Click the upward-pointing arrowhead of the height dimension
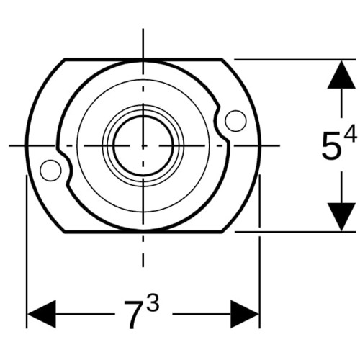[x=341, y=75]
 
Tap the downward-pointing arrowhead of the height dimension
[x=341, y=217]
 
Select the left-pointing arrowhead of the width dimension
[x=42, y=314]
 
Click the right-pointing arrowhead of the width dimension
[x=245, y=314]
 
